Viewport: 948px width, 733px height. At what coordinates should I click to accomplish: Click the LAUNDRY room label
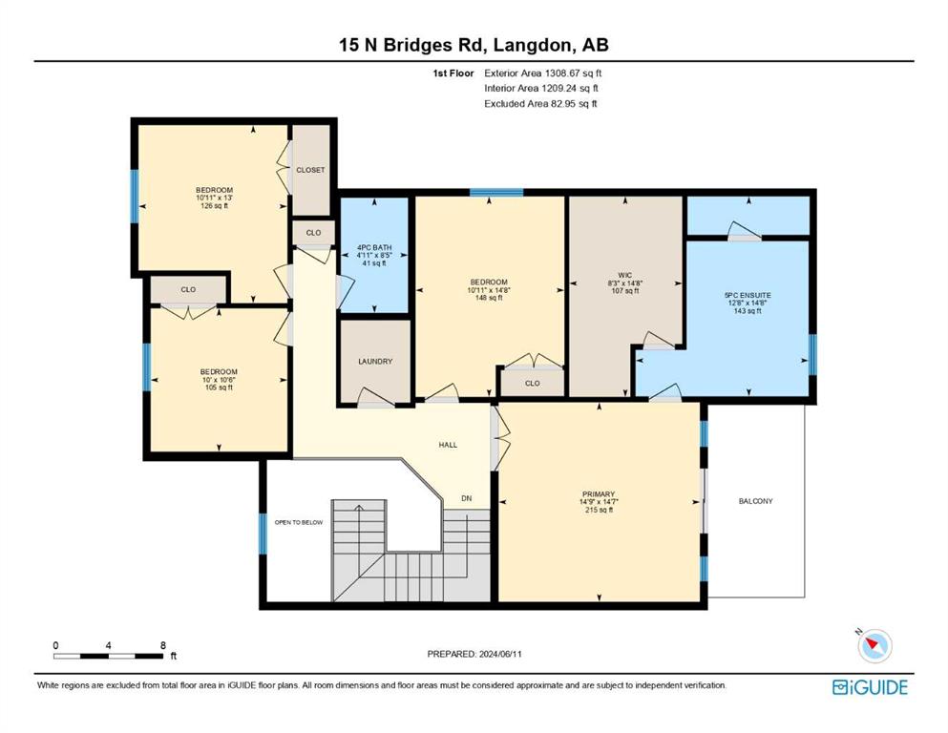coord(375,362)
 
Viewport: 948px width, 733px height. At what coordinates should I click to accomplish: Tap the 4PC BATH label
coord(374,248)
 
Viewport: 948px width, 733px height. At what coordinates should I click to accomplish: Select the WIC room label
coord(625,275)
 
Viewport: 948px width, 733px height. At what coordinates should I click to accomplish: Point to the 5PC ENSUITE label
coord(748,296)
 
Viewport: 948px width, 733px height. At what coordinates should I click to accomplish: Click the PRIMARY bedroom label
coord(599,494)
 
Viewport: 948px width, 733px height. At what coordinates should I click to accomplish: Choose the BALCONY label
coord(756,501)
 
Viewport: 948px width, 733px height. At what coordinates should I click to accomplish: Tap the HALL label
coord(448,445)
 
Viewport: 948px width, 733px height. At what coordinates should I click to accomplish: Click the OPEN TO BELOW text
coord(299,522)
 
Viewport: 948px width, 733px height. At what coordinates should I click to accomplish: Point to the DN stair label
coord(467,498)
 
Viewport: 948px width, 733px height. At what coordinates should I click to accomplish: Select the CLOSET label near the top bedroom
coord(311,171)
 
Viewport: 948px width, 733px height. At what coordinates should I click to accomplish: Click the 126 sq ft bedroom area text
coord(214,206)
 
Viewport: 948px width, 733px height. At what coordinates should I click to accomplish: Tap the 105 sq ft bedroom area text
coord(219,387)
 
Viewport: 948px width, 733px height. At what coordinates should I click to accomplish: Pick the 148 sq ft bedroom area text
coord(489,298)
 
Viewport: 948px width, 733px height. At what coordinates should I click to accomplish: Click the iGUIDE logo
coord(870,688)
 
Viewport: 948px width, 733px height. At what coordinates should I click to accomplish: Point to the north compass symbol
coord(874,645)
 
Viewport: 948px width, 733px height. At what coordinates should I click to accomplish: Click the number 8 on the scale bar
coord(163,645)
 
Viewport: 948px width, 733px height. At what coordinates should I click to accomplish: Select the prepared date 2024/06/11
coord(500,654)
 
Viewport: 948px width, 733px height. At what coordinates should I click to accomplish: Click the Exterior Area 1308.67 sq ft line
coord(543,73)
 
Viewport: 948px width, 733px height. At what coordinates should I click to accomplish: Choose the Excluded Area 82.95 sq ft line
coord(540,103)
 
